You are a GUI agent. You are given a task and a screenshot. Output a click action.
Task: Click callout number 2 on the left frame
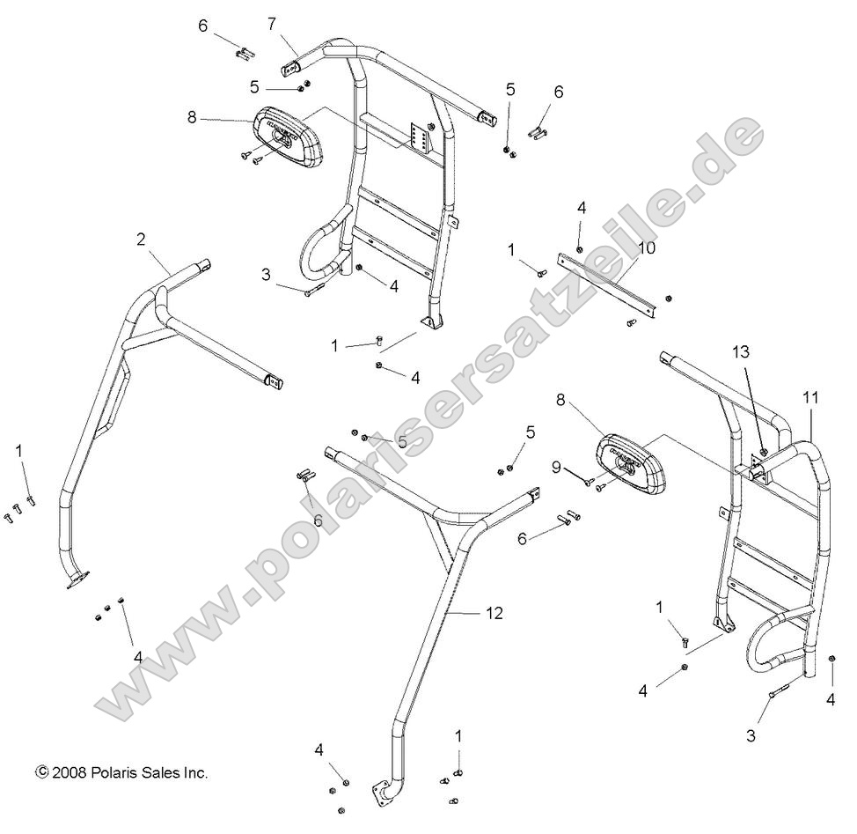140,238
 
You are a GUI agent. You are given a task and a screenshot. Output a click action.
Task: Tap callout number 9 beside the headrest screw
555,467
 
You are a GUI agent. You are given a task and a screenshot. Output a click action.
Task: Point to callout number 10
647,248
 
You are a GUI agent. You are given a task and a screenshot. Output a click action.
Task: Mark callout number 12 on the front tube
494,612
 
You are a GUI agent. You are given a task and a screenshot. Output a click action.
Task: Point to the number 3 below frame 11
751,735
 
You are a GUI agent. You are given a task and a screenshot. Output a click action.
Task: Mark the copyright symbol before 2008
41,772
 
